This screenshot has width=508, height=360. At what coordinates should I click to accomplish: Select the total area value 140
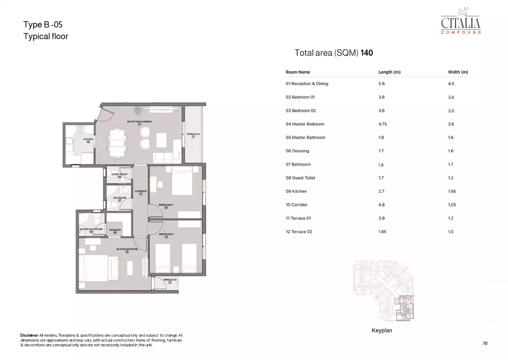(x=367, y=53)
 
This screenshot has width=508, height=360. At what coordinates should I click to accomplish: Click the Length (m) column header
(x=389, y=72)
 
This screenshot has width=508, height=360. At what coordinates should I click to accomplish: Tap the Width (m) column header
(x=458, y=72)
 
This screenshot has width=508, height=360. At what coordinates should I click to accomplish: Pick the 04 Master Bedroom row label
(x=305, y=124)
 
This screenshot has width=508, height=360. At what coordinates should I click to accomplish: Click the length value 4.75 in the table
(x=383, y=124)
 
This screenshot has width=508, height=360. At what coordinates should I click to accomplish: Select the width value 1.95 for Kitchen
(x=452, y=191)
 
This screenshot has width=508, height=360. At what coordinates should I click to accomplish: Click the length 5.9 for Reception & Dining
(x=381, y=84)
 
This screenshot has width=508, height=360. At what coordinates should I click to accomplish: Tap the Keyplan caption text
(x=381, y=330)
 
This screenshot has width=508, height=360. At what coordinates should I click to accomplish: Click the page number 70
(x=485, y=343)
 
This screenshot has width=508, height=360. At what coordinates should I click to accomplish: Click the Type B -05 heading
(x=43, y=25)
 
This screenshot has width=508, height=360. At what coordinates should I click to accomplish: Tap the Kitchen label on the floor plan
(x=88, y=139)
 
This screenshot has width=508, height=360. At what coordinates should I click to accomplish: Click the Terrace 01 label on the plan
(x=193, y=135)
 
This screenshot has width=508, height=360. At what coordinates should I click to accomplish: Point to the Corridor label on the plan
(x=141, y=191)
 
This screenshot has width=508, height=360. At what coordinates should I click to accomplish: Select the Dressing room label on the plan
(x=115, y=230)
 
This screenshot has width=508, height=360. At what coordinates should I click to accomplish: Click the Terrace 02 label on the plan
(x=170, y=280)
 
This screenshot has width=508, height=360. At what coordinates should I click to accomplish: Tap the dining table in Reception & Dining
(x=117, y=142)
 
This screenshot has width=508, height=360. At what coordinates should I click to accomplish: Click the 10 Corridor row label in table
(x=296, y=205)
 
